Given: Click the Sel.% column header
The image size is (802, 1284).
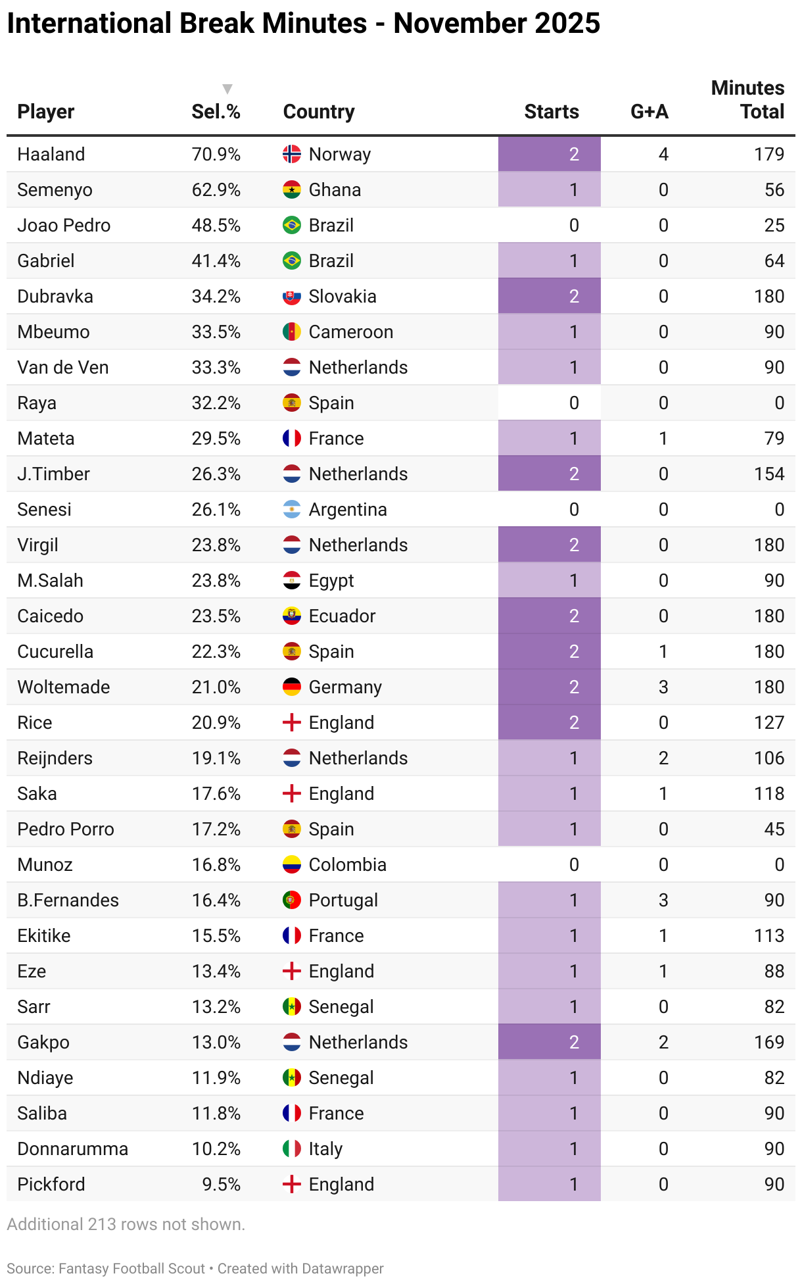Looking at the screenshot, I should coord(216,112).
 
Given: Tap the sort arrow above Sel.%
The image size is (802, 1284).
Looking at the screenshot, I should coord(227,89).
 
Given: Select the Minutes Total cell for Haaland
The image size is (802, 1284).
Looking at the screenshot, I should coord(768,155).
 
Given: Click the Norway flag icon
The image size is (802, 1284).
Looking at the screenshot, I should coord(292,155).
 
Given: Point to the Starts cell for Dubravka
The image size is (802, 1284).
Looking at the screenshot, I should coord(550,297).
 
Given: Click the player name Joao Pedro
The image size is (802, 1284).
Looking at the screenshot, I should coord(64,226).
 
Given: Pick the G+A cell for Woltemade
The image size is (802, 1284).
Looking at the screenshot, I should coord(663,687).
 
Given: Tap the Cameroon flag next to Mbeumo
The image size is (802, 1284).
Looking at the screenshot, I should coord(292,332).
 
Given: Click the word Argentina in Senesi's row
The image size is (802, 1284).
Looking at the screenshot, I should coord(348,510).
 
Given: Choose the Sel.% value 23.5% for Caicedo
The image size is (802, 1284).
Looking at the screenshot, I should coord(216,616).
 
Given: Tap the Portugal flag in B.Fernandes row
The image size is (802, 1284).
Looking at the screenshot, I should coord(292,901).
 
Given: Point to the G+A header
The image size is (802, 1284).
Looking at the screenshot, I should coord(649,112).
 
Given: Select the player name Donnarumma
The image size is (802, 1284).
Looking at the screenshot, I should coord(73,1149).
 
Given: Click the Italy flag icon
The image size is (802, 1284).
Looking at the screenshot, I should coord(292,1149).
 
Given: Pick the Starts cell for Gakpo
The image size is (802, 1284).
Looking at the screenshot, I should coord(550,1043).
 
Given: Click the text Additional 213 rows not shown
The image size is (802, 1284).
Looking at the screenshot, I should coord(126,1224).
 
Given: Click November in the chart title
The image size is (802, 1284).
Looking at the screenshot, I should coord(460,24).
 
